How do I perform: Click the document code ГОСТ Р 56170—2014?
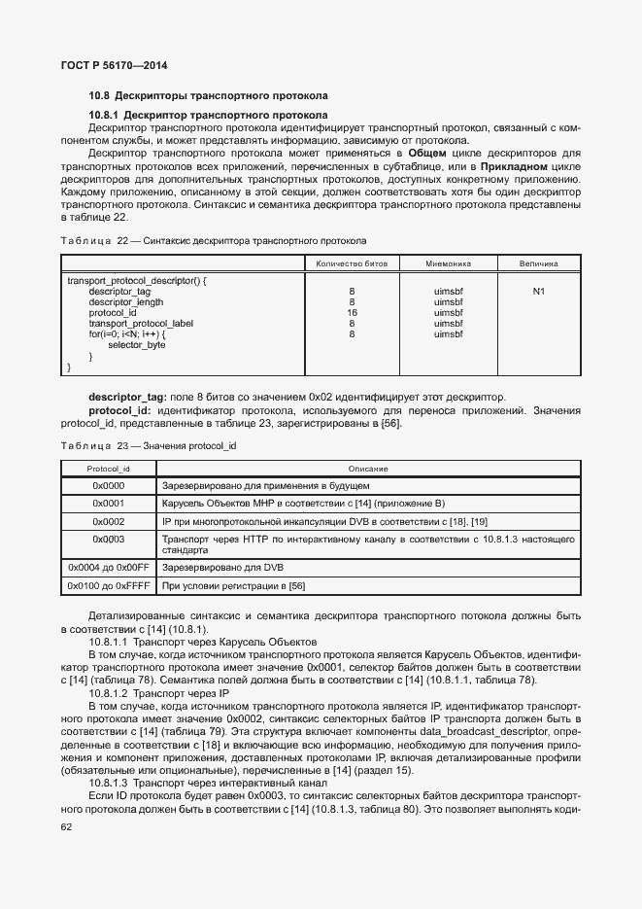click(x=113, y=64)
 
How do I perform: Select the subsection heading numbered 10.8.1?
click(x=208, y=115)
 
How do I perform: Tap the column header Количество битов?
click(x=352, y=263)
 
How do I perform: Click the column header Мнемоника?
click(x=448, y=263)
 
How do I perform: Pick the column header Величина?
click(x=538, y=263)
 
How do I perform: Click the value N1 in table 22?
click(x=538, y=292)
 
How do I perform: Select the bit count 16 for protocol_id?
click(x=352, y=313)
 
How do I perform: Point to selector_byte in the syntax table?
click(x=136, y=345)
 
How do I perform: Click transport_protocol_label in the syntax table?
click(x=141, y=324)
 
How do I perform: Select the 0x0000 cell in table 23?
click(x=108, y=485)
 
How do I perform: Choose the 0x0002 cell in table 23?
click(x=108, y=521)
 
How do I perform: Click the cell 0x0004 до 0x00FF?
click(x=108, y=567)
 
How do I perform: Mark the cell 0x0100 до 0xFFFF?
click(x=108, y=586)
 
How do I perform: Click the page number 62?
click(x=66, y=827)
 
